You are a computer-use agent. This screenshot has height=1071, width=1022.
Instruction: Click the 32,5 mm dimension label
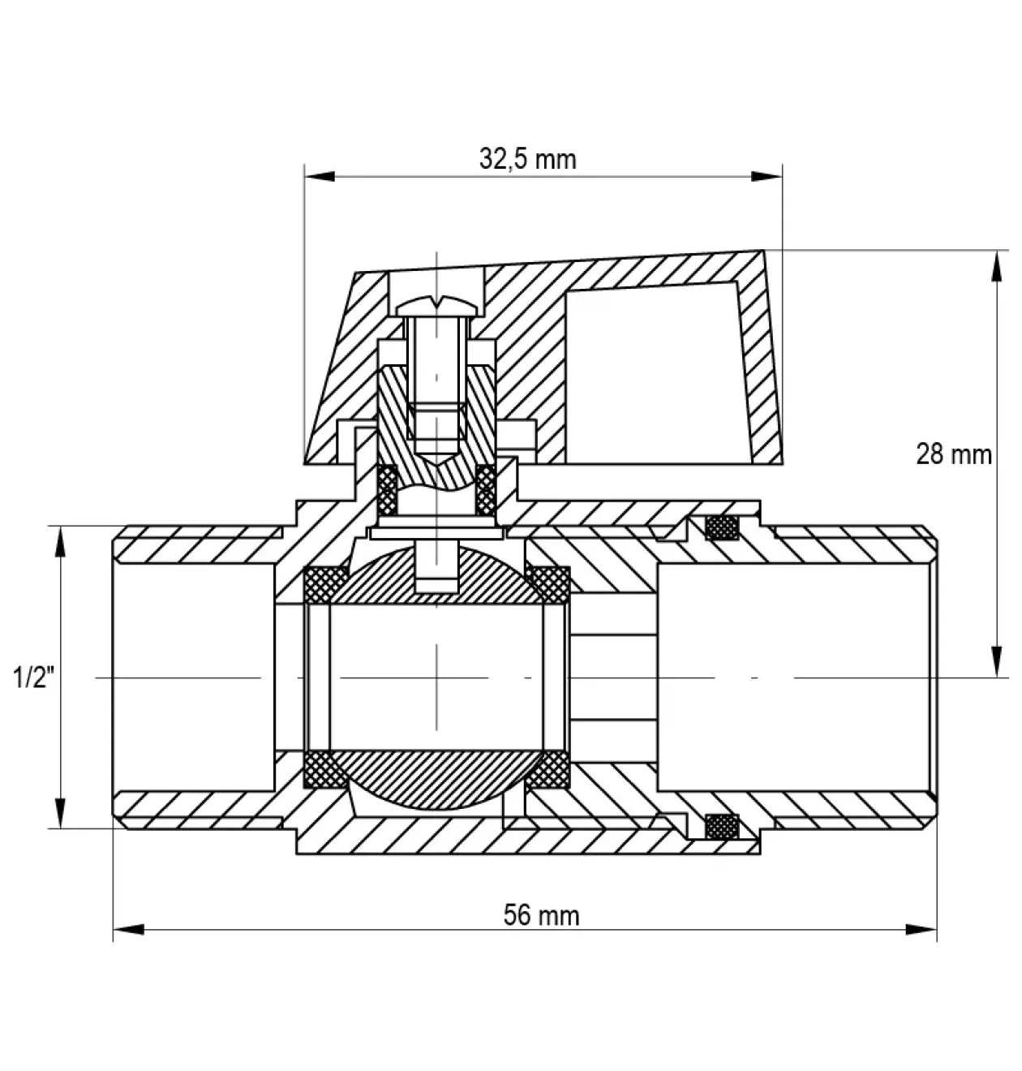pyautogui.click(x=527, y=160)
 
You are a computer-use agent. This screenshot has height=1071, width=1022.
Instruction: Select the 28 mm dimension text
pyautogui.click(x=953, y=454)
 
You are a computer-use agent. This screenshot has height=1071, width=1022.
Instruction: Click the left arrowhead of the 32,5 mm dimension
pyautogui.click(x=320, y=177)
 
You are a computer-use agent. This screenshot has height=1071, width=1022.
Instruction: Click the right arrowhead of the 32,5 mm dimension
pyautogui.click(x=767, y=177)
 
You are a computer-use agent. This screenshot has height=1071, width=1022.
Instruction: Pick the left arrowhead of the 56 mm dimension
pyautogui.click(x=129, y=929)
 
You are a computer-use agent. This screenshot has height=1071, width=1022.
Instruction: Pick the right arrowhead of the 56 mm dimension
pyautogui.click(x=921, y=929)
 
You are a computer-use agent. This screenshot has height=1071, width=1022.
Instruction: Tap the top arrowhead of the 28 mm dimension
pyautogui.click(x=996, y=266)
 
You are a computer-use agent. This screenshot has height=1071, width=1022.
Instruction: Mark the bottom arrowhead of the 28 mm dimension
pyautogui.click(x=996, y=662)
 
